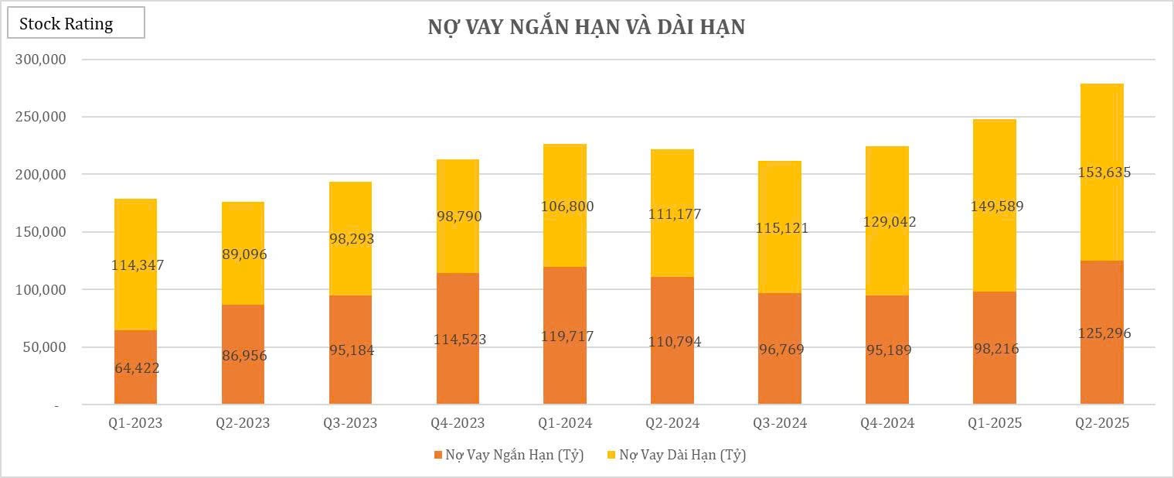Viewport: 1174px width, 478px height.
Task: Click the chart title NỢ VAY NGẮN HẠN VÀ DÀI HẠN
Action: click(x=587, y=27)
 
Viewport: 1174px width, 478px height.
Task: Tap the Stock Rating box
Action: click(x=76, y=24)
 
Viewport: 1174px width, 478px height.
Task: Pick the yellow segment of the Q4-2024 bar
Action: click(x=887, y=186)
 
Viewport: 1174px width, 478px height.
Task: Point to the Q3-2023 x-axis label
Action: click(x=350, y=423)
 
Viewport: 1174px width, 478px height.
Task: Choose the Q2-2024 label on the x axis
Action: click(x=672, y=423)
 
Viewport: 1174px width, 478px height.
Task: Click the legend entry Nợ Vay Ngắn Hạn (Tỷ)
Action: click(x=514, y=455)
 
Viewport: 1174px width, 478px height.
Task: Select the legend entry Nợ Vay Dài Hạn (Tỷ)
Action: click(x=683, y=455)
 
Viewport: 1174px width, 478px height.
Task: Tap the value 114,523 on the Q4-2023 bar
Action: click(x=458, y=340)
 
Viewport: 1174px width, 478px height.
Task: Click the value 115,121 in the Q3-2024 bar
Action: click(x=780, y=228)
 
